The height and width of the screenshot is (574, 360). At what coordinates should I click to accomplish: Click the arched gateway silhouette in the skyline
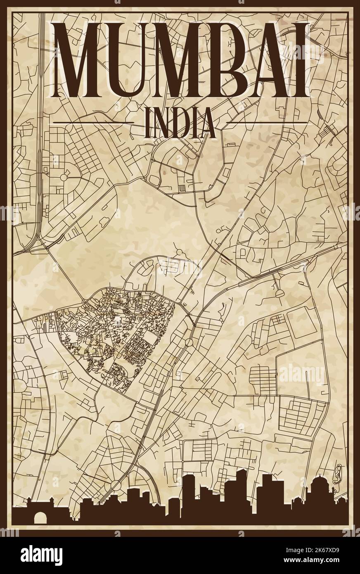click(x=40, y=516)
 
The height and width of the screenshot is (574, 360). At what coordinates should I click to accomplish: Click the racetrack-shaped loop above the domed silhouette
click(x=339, y=471)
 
